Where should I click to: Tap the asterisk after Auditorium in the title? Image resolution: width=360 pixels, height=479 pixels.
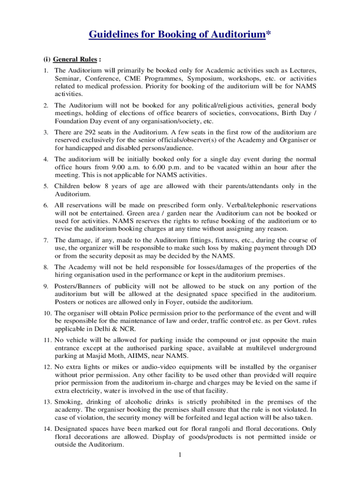268,34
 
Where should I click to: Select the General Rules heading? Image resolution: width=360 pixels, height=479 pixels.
75,59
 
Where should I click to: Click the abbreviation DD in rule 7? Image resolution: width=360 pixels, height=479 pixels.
311,247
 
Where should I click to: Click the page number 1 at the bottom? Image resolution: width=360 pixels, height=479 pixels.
180,454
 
